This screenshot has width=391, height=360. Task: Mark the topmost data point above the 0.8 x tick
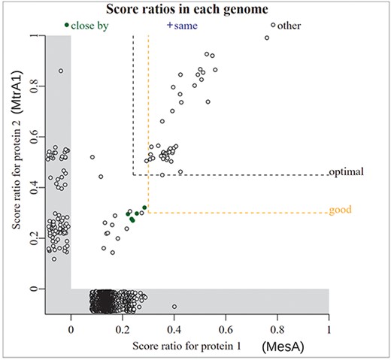[273, 25]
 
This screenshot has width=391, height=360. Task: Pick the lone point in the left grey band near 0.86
[61, 71]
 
